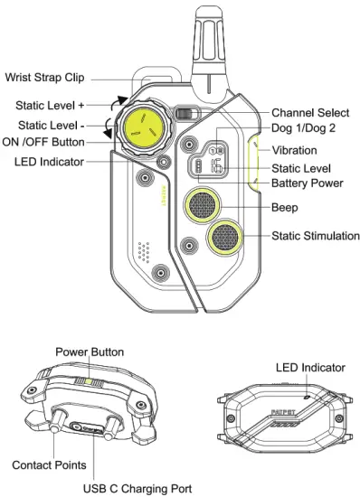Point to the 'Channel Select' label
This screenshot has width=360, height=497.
point(311,113)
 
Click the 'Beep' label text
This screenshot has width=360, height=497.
point(287,207)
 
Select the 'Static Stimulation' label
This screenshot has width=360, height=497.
point(315,237)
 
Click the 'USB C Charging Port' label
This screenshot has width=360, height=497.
point(137,488)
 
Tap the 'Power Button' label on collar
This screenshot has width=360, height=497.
point(90,351)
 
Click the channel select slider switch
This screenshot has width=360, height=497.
point(185,115)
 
